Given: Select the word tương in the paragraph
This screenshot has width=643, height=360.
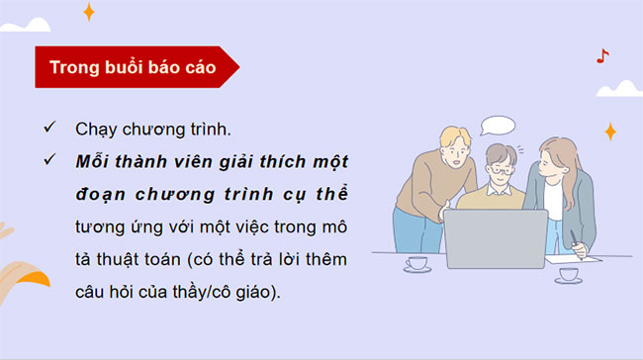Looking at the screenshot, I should coord(98,225).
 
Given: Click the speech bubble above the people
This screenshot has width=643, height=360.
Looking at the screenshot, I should coord(497,126).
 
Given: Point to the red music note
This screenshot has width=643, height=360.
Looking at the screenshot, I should coord(602,57).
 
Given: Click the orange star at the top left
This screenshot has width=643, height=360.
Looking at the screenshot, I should coord(88,12).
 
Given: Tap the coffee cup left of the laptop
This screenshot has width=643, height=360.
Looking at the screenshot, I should coord(416,263).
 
